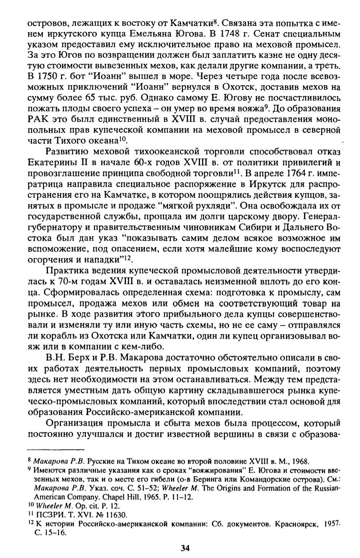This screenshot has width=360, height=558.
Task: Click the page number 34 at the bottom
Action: (185, 548)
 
